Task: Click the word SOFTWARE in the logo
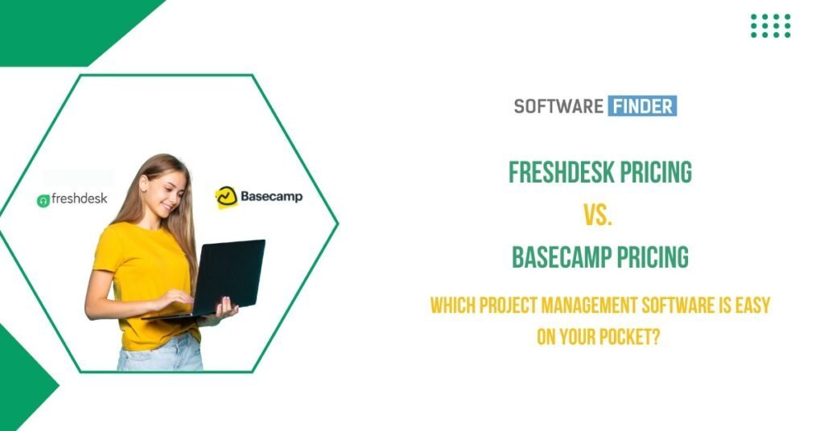coord(558,106)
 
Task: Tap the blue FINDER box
coord(642,105)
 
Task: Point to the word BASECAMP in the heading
coord(562,257)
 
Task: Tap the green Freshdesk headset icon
coord(43,200)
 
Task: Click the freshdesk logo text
coord(80,199)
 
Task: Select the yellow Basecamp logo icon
coord(226,197)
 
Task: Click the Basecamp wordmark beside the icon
coord(272,197)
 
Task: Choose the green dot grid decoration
coord(770,26)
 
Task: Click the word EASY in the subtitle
coord(752,306)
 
